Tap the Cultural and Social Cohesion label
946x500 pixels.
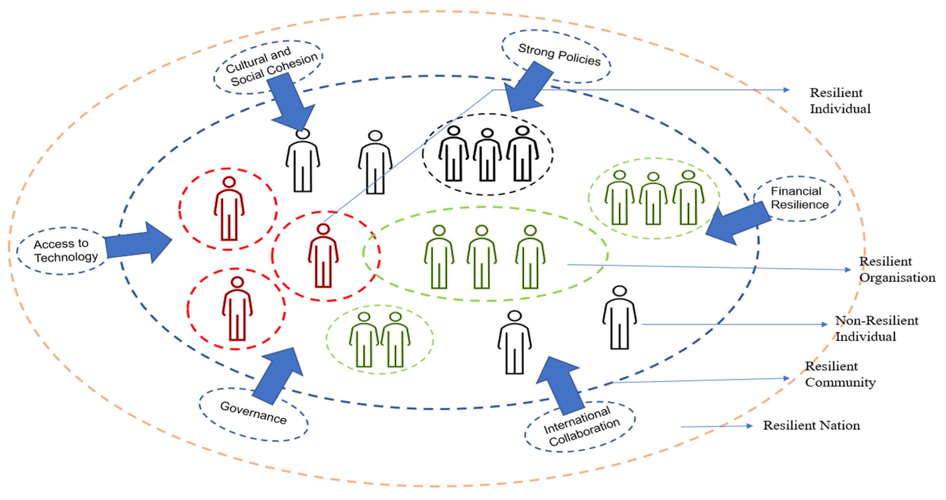271,66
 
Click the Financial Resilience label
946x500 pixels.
799,198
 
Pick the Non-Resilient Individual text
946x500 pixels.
876,329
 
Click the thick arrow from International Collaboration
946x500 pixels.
560,385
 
